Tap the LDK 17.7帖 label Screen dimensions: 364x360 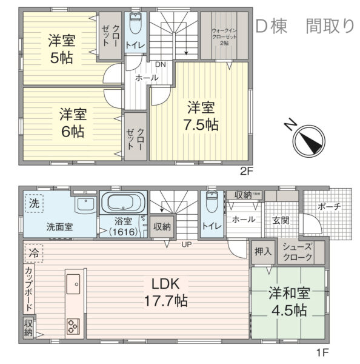tap(164, 292)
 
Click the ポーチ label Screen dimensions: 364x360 tap(328, 206)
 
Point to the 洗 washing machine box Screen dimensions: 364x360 tap(33, 203)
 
